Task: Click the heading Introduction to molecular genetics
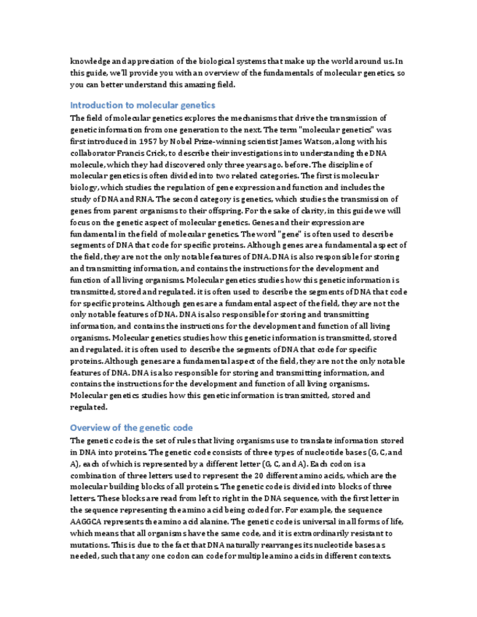click(x=143, y=105)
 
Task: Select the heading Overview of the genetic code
click(x=131, y=427)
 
